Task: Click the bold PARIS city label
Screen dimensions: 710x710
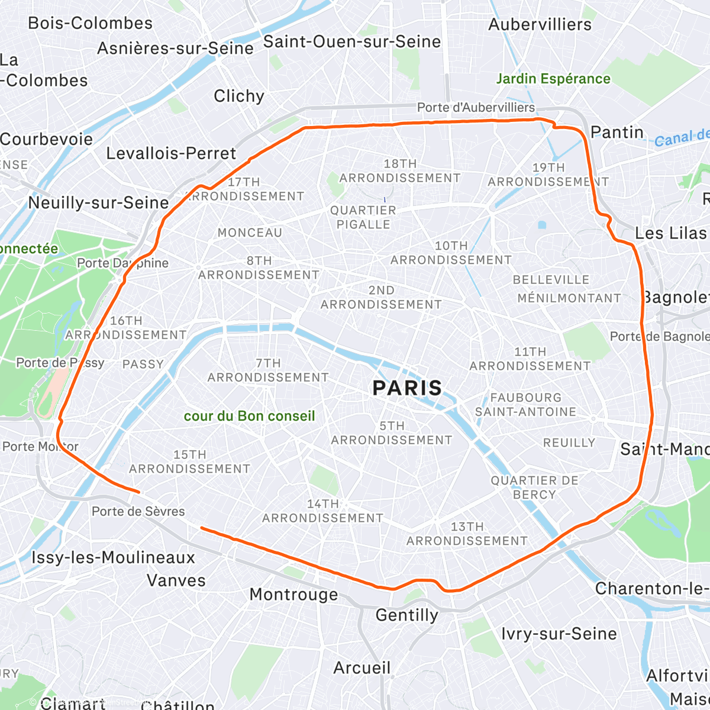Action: [x=407, y=388]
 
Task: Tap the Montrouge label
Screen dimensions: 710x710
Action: [x=293, y=595]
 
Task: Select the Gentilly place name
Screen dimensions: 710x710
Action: [x=407, y=615]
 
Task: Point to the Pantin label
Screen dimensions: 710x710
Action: [x=617, y=133]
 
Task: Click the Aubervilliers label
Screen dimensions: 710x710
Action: [x=540, y=25]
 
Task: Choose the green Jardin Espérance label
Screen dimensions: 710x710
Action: [x=553, y=79]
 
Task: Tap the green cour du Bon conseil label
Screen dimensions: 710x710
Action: [x=249, y=416]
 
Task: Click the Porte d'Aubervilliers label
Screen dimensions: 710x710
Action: [x=476, y=108]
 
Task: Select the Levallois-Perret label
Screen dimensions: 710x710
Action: [x=171, y=154]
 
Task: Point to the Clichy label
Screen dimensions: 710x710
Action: [x=239, y=96]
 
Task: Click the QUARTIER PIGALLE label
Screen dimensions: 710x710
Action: [x=363, y=217]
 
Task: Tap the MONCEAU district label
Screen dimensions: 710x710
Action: [x=250, y=233]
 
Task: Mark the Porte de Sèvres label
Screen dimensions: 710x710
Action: [x=138, y=511]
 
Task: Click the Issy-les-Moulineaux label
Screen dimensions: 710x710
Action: [x=113, y=557]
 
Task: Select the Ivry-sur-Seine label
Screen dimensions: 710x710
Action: [x=559, y=634]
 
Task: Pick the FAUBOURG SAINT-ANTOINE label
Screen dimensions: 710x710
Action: [x=525, y=405]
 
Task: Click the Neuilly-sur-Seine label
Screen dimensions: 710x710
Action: [x=99, y=203]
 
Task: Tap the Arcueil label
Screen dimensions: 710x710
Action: [x=362, y=668]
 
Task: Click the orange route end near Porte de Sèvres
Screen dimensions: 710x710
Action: [x=138, y=492]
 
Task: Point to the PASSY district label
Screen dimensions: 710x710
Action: [x=143, y=364]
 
